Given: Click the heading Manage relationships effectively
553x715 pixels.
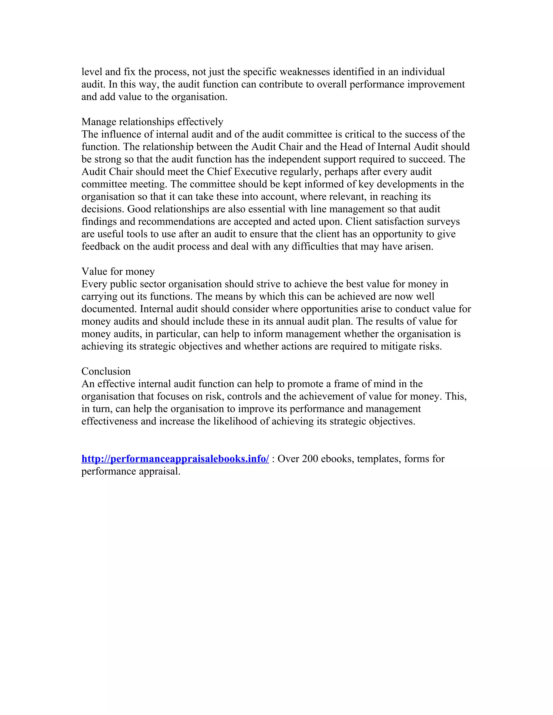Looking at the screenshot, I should [x=152, y=122].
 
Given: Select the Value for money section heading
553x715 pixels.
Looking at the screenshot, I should [x=118, y=271].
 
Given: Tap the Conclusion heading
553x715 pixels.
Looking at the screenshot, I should [x=106, y=371].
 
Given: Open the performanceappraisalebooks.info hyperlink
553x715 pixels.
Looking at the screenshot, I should [x=175, y=459].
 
